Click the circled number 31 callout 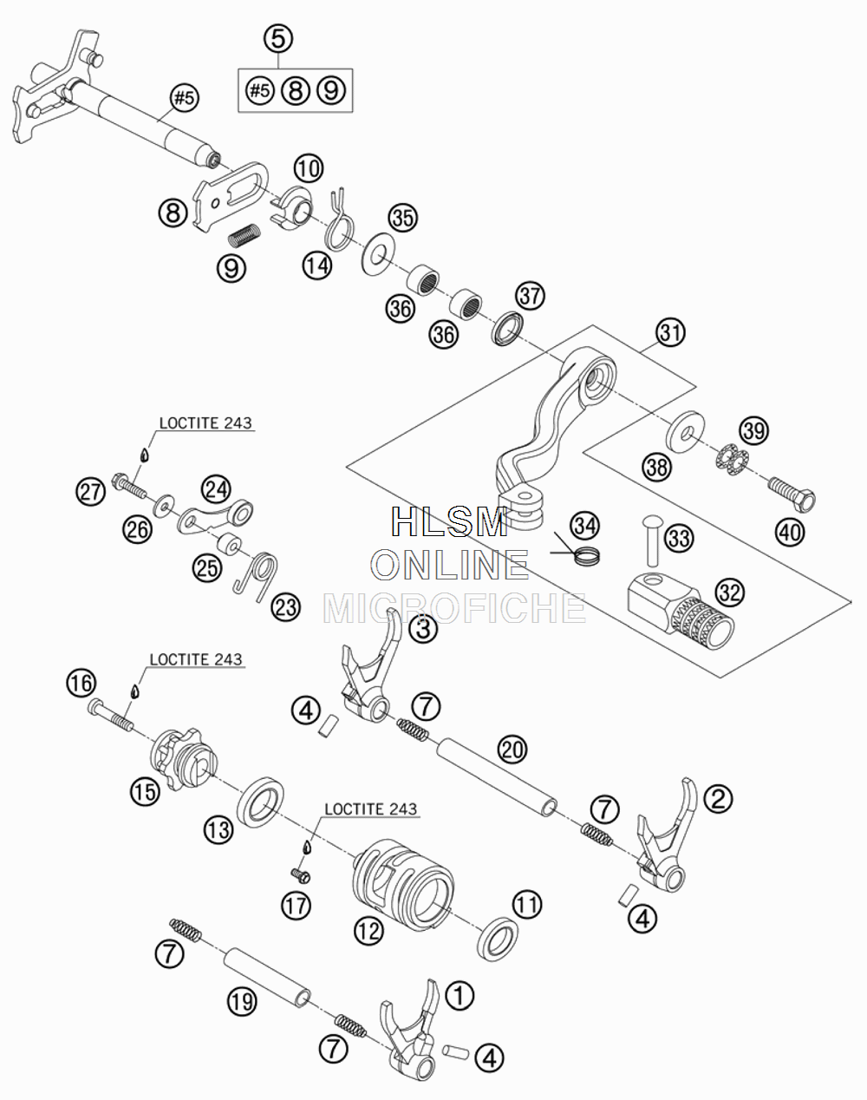coord(671,332)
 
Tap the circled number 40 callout coord(790,533)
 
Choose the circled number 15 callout coord(145,791)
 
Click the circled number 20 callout coord(512,750)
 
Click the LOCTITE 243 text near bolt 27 coord(205,423)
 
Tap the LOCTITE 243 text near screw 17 coord(371,809)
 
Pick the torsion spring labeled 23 coord(257,575)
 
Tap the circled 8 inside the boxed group coord(296,90)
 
